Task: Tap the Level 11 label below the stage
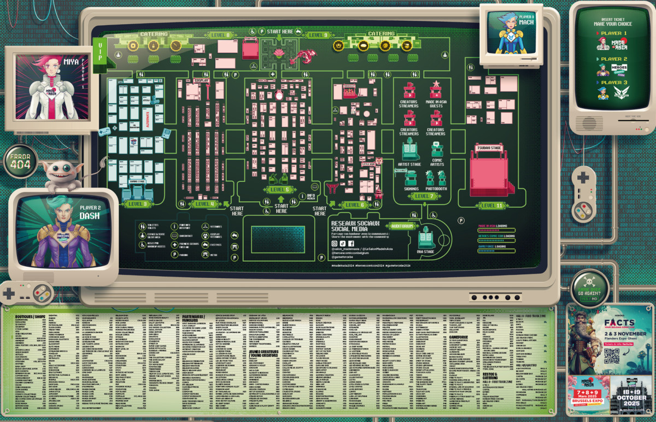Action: point(491,206)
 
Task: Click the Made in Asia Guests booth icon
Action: point(436,91)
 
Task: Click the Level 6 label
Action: point(354,204)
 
